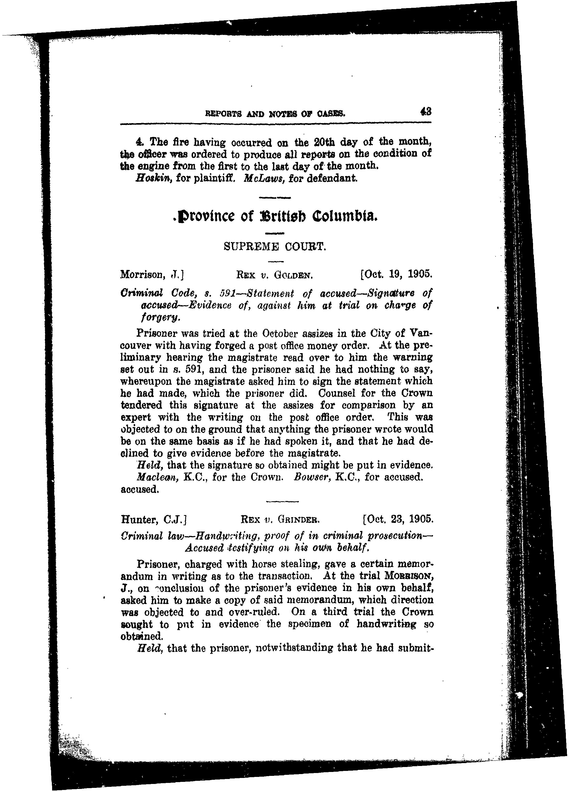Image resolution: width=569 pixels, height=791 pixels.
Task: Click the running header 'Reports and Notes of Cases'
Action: pos(275,113)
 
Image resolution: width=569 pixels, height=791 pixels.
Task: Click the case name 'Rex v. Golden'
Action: pos(276,275)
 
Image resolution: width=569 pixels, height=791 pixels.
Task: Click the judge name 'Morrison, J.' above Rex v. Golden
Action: pos(152,275)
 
